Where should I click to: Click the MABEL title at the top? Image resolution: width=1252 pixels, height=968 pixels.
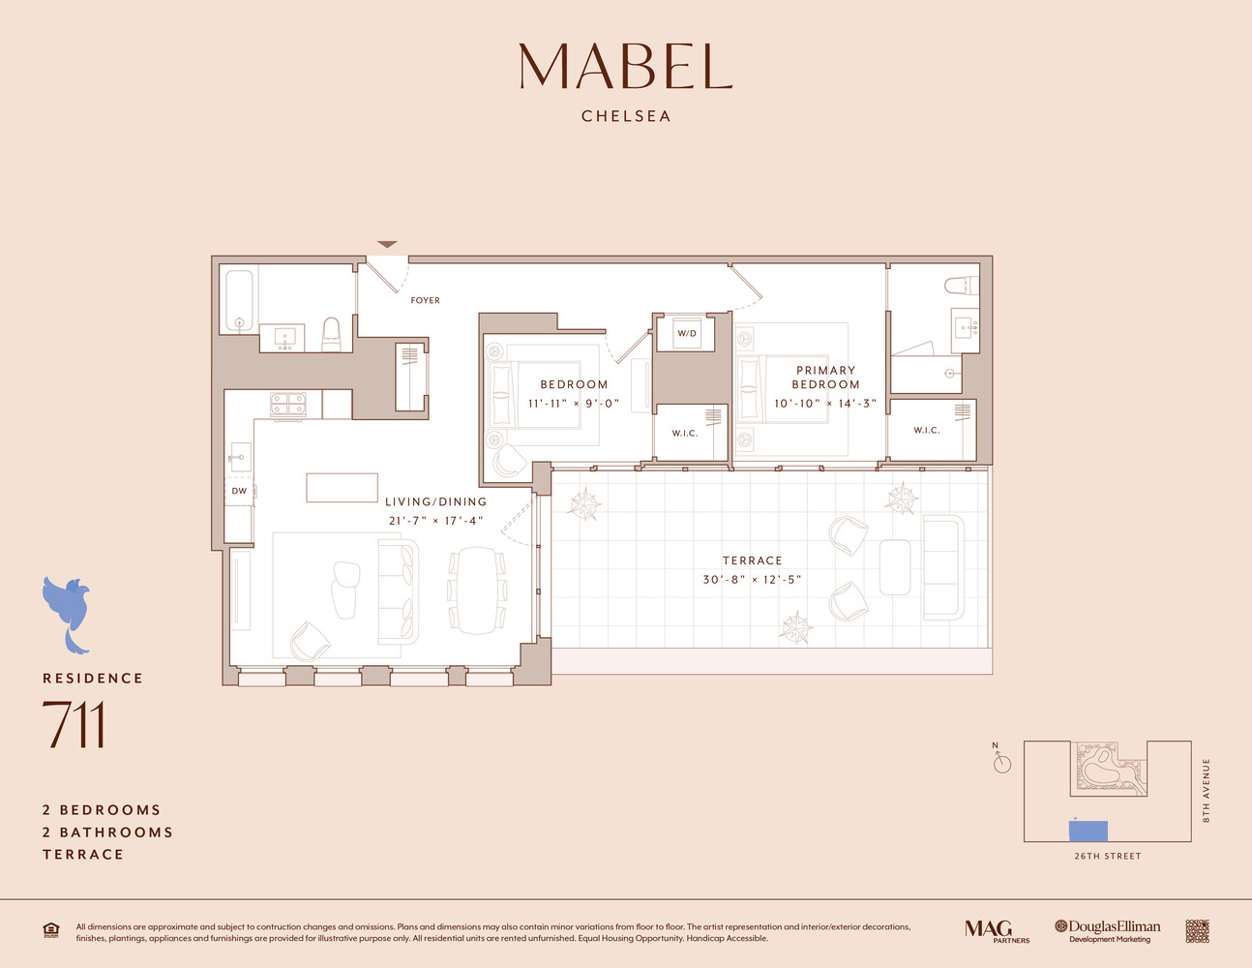[x=625, y=66]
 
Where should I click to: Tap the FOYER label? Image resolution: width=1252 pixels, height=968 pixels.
[x=425, y=300]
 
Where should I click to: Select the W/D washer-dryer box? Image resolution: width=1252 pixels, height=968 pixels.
[x=686, y=333]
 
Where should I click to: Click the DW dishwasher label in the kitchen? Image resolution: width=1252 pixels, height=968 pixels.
[x=239, y=491]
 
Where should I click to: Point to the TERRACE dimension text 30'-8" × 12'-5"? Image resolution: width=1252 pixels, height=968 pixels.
[x=752, y=580]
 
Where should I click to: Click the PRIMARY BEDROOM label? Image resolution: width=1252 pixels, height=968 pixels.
[x=825, y=378]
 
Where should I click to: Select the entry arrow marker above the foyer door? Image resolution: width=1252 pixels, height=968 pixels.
[x=387, y=244]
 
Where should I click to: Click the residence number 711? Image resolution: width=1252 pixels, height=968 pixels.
[x=74, y=725]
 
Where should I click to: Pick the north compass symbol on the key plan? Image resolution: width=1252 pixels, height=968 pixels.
[x=1001, y=763]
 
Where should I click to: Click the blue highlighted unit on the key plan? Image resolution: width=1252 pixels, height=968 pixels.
[x=1088, y=831]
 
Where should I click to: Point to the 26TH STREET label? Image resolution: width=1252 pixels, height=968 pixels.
[x=1107, y=856]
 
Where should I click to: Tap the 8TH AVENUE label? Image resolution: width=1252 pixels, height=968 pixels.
[x=1207, y=790]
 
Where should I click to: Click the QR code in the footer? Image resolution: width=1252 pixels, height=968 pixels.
[x=1197, y=931]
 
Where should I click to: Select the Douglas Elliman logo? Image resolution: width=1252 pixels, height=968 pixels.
[x=1108, y=931]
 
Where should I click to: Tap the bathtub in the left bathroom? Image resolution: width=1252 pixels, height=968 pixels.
[x=238, y=300]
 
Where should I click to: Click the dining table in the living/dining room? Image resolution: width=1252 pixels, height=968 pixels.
[x=476, y=590]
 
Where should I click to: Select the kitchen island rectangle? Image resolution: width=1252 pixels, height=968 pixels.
[x=342, y=487]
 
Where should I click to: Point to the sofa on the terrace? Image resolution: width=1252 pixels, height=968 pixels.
[x=943, y=567]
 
